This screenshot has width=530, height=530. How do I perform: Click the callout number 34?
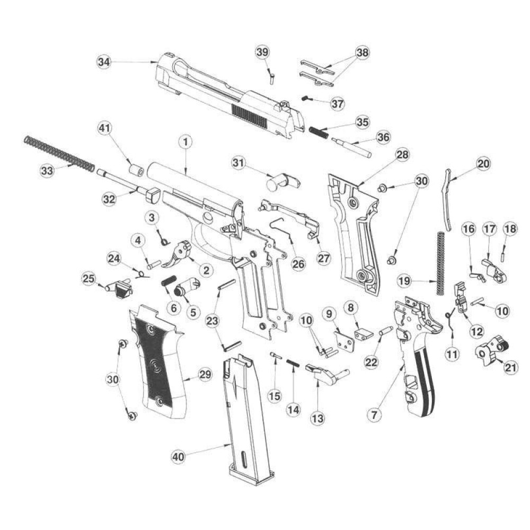[104, 62]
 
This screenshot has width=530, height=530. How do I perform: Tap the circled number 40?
[178, 457]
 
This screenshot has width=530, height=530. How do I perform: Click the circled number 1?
[185, 142]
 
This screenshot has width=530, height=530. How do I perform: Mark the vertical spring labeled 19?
[440, 263]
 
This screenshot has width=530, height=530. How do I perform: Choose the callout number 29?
[205, 375]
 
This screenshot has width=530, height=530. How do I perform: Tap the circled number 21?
[511, 367]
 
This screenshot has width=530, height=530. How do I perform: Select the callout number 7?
[374, 414]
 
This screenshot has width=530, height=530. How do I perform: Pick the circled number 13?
[317, 419]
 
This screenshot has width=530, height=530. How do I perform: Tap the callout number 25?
[89, 279]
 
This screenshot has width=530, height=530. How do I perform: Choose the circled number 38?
[363, 52]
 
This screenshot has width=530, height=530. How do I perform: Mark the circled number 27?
[323, 258]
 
